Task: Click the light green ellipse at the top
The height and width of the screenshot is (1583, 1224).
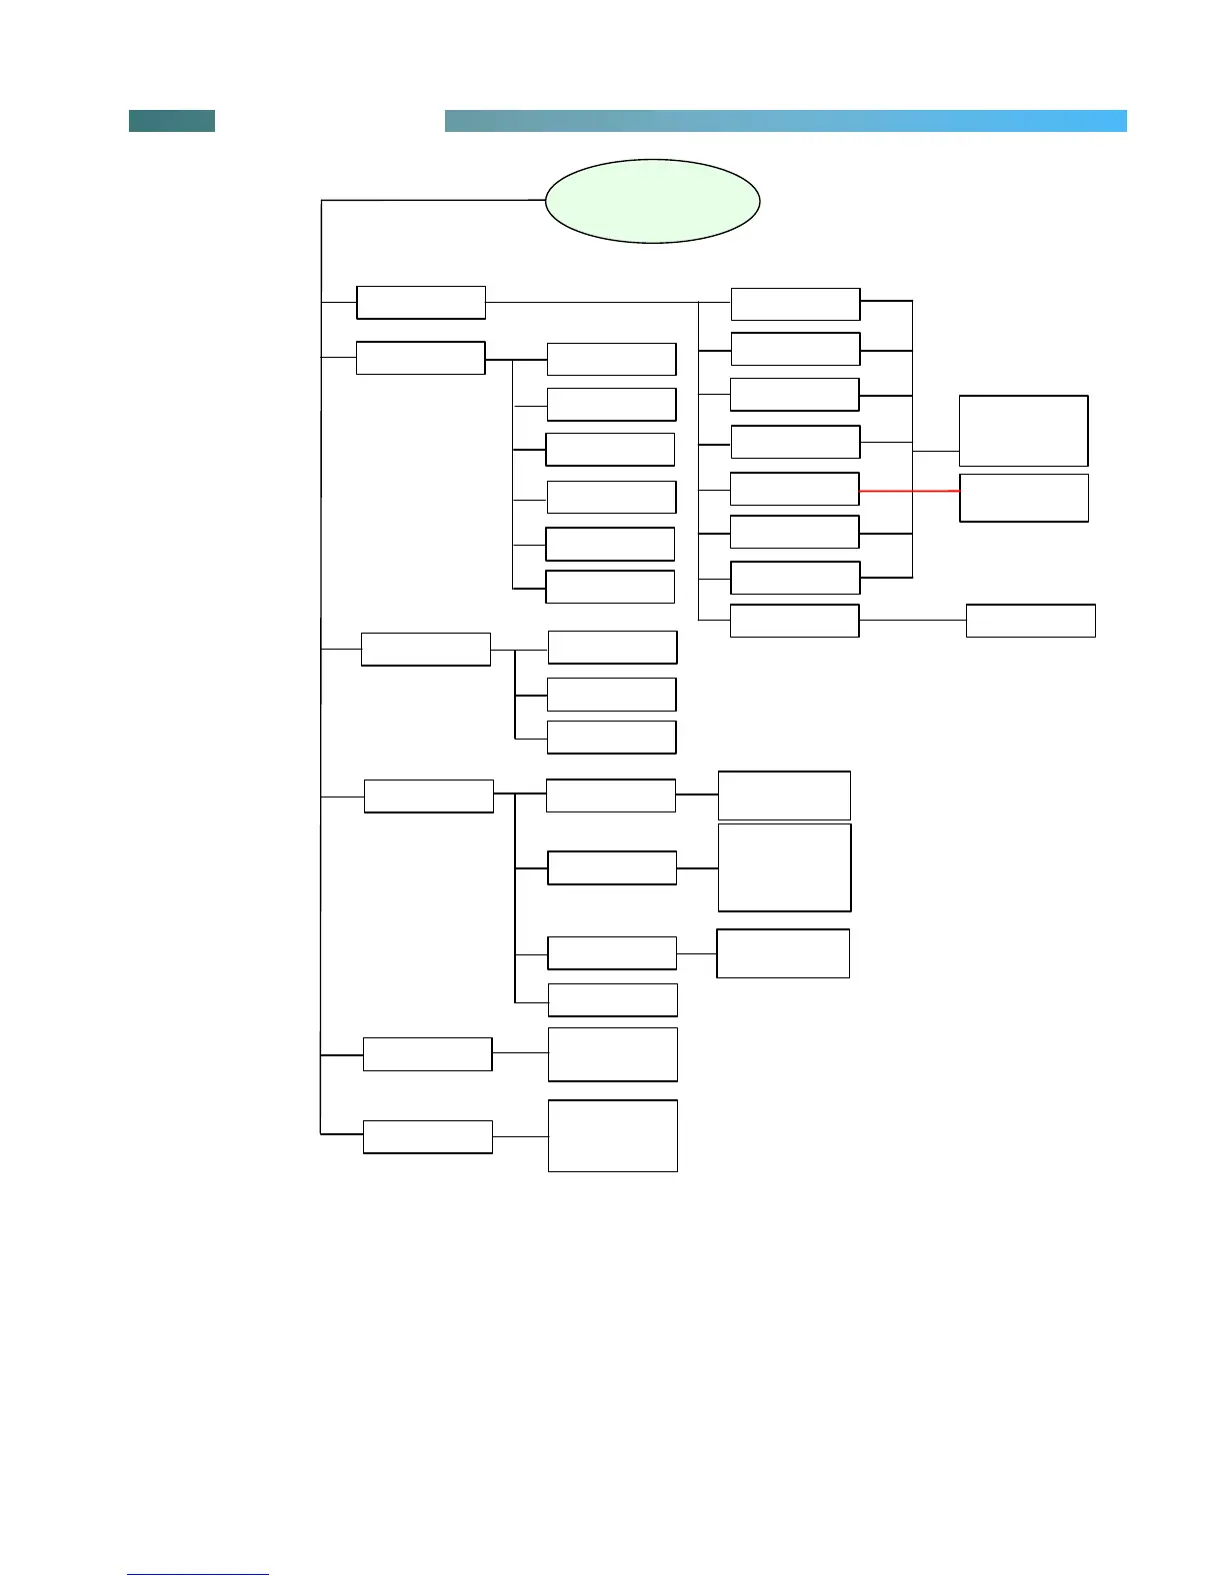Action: tap(652, 201)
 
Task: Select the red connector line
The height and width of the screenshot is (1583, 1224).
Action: tap(909, 491)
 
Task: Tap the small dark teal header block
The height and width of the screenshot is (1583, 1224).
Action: tap(172, 121)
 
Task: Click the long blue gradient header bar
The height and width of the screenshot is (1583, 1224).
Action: tap(785, 121)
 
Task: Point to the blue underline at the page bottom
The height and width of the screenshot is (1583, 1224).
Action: tap(198, 1574)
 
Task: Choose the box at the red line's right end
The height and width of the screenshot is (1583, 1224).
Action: tap(1023, 498)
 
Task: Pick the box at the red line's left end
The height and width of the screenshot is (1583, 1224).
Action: tap(794, 489)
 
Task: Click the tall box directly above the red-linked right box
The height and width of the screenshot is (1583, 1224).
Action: tap(1023, 431)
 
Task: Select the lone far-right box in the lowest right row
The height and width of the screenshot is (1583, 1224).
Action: tap(1030, 621)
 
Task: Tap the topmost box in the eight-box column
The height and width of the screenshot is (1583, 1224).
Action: tap(795, 304)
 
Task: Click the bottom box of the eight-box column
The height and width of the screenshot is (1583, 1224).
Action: tap(794, 621)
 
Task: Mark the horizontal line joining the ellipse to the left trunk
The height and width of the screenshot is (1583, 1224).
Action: tap(432, 201)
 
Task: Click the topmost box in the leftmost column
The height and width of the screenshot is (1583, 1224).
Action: tap(421, 302)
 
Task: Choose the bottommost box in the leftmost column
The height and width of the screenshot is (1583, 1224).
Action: tap(427, 1137)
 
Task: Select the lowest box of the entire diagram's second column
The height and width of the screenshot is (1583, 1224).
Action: tap(612, 1136)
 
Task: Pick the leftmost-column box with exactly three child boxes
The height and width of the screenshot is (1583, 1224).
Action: tap(425, 649)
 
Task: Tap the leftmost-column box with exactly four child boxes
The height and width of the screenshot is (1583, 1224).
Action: tap(428, 796)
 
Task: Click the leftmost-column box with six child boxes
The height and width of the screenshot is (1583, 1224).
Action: tap(420, 358)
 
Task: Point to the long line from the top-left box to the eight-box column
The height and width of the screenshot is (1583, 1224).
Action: tap(590, 302)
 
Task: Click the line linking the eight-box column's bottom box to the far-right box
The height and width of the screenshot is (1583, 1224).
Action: tap(912, 621)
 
